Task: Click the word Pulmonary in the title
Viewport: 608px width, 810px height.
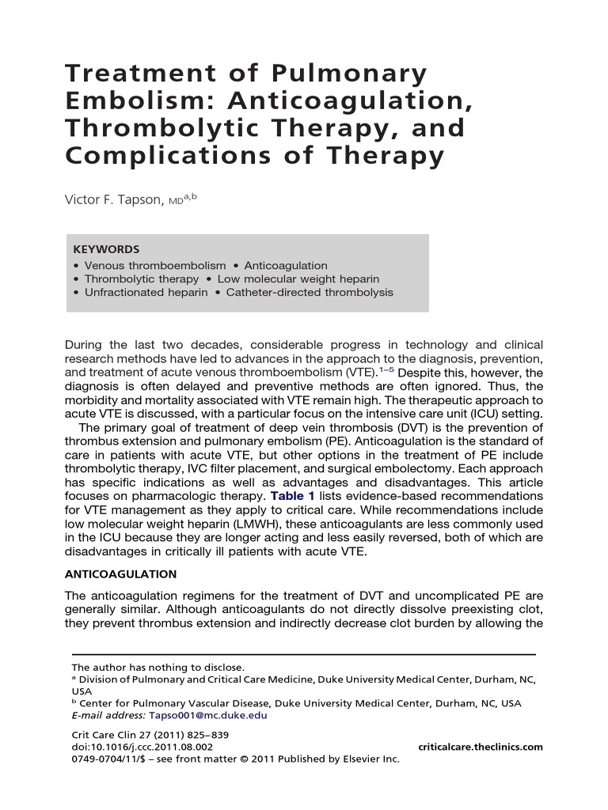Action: click(359, 74)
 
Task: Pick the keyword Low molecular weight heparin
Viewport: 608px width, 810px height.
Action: click(298, 279)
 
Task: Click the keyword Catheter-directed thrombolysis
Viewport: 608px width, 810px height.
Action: click(310, 293)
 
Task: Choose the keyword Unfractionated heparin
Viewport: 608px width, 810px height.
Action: click(146, 293)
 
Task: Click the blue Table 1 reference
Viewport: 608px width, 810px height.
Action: click(293, 496)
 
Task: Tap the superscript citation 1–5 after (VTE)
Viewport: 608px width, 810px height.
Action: click(385, 369)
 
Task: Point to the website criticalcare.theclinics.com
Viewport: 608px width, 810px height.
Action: click(480, 747)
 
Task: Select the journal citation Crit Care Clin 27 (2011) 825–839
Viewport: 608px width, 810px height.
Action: click(150, 735)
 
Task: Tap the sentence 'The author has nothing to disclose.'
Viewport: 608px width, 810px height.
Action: click(158, 667)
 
